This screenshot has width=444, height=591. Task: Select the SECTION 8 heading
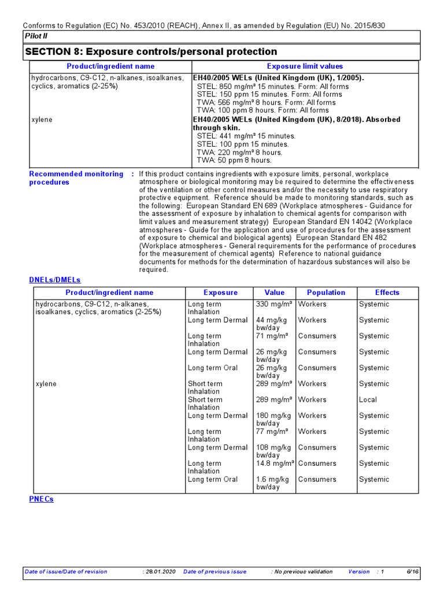tap(150, 52)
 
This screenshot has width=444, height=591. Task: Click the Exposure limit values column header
tap(305, 66)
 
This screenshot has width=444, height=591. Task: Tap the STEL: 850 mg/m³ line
tap(273, 87)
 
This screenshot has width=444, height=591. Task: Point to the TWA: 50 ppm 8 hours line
tap(234, 160)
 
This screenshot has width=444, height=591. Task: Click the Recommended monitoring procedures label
tap(76, 178)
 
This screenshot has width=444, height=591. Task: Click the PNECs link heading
tap(41, 499)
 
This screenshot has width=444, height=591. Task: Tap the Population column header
tap(326, 293)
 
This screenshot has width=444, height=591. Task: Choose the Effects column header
tap(387, 293)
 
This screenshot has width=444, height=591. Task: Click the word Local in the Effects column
tap(368, 399)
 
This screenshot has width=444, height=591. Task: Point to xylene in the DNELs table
tap(46, 384)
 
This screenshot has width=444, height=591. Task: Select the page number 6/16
tap(413, 571)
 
